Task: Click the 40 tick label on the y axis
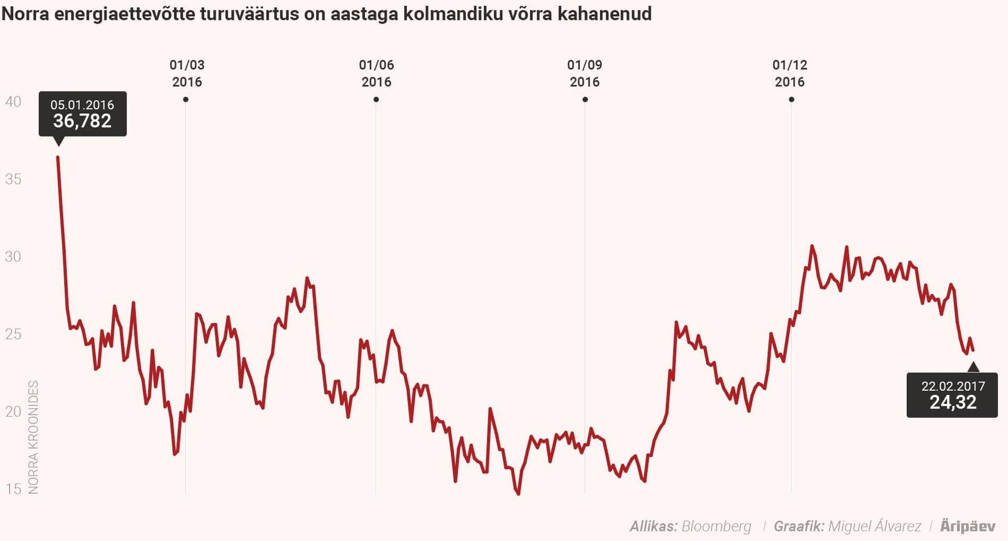point(13,101)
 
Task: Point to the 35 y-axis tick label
point(13,179)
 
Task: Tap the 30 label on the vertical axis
point(13,256)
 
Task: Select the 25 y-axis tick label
point(13,334)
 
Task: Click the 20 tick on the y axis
point(13,411)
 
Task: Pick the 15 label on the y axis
point(13,489)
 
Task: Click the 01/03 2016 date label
point(187,74)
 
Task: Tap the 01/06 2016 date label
point(376,74)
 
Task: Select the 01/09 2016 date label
point(585,74)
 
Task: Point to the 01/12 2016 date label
point(790,74)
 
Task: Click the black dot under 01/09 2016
point(585,99)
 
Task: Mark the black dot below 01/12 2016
point(791,99)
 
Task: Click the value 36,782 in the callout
point(82,121)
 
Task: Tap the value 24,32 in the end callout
point(953,402)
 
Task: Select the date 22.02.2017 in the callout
point(953,386)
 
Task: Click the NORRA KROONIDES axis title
point(34,437)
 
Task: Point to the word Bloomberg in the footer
point(716,526)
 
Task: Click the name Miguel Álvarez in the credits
point(874,526)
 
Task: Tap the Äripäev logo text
point(968,526)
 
